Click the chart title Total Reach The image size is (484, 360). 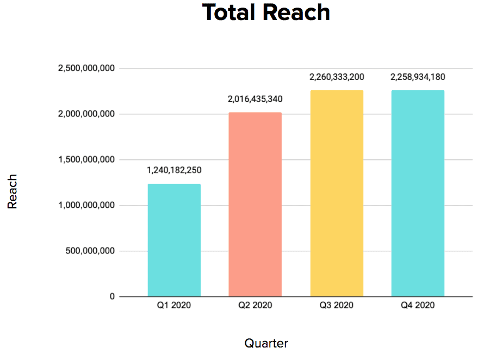266,13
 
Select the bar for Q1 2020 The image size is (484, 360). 174,240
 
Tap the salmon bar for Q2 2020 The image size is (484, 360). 255,204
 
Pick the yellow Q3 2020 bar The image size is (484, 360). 337,193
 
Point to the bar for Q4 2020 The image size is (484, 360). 418,193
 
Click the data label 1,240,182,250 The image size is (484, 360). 174,170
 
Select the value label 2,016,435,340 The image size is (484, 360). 255,99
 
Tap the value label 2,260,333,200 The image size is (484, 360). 337,77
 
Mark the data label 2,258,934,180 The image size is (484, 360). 418,77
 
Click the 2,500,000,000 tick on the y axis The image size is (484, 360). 86,69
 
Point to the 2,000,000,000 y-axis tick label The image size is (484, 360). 86,114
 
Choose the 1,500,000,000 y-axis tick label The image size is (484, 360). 86,160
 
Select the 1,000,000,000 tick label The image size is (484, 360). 86,206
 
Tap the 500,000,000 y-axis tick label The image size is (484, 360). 90,251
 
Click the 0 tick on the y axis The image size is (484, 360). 111,297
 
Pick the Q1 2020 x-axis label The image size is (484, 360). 174,306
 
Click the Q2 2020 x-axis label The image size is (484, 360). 255,306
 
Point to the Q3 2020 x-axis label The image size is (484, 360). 337,306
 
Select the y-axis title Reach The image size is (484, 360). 13,191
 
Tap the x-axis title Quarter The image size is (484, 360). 266,343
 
